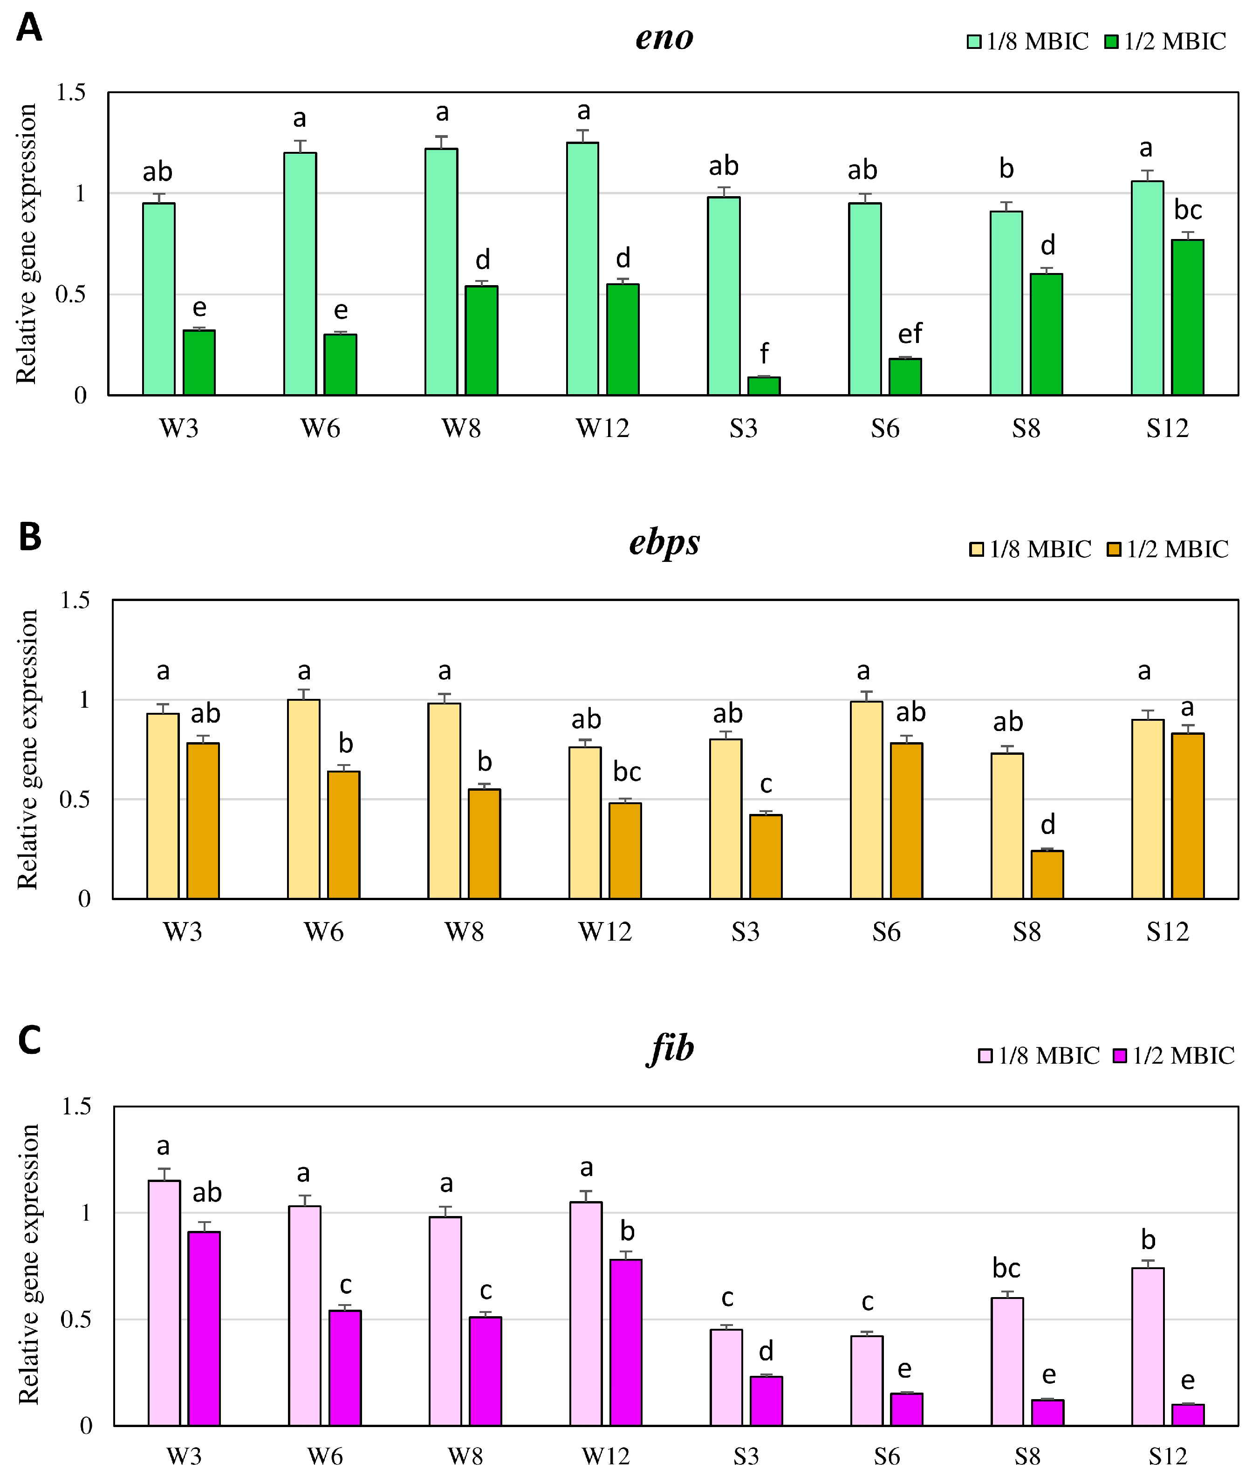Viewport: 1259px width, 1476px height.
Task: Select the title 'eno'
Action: (x=664, y=38)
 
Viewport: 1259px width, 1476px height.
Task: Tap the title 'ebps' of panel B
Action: (x=664, y=543)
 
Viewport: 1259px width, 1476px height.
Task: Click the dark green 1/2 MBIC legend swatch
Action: (x=1111, y=42)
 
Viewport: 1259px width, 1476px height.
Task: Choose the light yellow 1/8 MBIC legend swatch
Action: (x=976, y=549)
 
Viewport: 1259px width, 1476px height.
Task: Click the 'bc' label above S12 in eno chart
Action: (x=1188, y=210)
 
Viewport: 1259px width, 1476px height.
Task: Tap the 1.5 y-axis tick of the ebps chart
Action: (x=75, y=601)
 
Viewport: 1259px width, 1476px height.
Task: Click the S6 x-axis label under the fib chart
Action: (x=887, y=1456)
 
